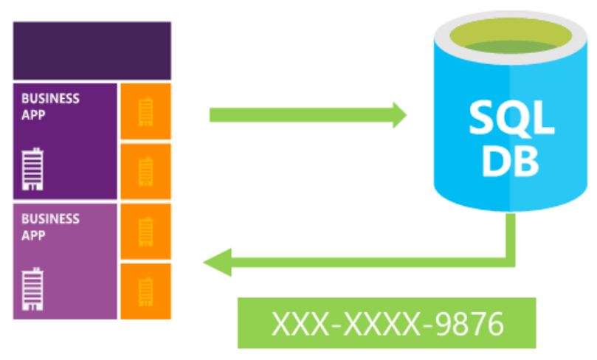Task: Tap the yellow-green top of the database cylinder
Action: tap(506, 38)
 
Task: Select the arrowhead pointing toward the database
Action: tap(399, 114)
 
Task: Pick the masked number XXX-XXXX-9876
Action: tap(387, 323)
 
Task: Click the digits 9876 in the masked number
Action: tap(466, 323)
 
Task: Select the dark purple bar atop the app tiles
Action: tap(92, 50)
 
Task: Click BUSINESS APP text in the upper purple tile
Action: tap(50, 106)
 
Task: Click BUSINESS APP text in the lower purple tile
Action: tap(50, 226)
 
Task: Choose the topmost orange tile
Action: tap(145, 111)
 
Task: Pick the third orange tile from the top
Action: tap(145, 232)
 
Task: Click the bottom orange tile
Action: tap(145, 291)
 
